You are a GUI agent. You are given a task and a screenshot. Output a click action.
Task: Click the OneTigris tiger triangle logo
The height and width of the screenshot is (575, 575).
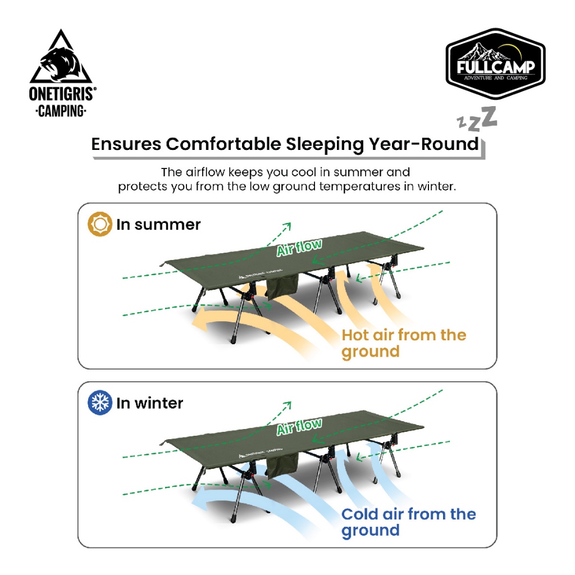pyautogui.click(x=61, y=56)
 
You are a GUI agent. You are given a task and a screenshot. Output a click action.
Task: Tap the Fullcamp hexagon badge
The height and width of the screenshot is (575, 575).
pyautogui.click(x=495, y=63)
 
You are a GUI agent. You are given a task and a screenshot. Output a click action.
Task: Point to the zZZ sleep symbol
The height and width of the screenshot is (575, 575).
pyautogui.click(x=477, y=118)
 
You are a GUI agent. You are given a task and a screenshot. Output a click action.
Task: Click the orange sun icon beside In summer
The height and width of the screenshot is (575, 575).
pyautogui.click(x=100, y=223)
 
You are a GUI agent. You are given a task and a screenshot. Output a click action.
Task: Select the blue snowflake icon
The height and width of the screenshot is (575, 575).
pyautogui.click(x=100, y=402)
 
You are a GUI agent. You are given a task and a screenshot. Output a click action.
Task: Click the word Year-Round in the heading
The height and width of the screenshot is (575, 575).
pyautogui.click(x=424, y=144)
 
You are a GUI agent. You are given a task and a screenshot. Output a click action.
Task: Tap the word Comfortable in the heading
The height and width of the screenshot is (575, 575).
pyautogui.click(x=223, y=144)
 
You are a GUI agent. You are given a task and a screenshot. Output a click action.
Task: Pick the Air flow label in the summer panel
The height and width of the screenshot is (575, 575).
pyautogui.click(x=299, y=247)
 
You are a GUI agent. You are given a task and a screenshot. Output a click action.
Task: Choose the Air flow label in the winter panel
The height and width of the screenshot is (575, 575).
pyautogui.click(x=299, y=426)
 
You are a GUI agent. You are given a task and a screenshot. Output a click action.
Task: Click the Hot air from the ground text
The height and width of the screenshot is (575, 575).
pyautogui.click(x=403, y=343)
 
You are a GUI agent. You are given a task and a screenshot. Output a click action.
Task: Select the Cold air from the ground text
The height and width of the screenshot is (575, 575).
pyautogui.click(x=408, y=522)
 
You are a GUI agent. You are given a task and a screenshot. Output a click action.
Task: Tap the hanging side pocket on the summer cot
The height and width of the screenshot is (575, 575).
pyautogui.click(x=282, y=286)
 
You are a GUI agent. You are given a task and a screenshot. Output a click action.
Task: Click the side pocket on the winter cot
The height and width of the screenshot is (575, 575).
pyautogui.click(x=282, y=466)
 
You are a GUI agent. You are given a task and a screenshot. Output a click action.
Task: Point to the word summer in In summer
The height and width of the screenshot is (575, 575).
pyautogui.click(x=167, y=225)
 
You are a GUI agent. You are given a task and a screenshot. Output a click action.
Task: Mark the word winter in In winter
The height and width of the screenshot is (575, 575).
pyautogui.click(x=159, y=403)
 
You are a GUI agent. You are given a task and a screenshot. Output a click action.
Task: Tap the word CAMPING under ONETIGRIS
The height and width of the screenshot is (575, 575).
pyautogui.click(x=61, y=111)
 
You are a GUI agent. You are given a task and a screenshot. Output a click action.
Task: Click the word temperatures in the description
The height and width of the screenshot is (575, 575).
pyautogui.click(x=359, y=186)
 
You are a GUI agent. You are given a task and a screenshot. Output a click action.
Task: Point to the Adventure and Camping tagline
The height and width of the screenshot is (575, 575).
pyautogui.click(x=495, y=77)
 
